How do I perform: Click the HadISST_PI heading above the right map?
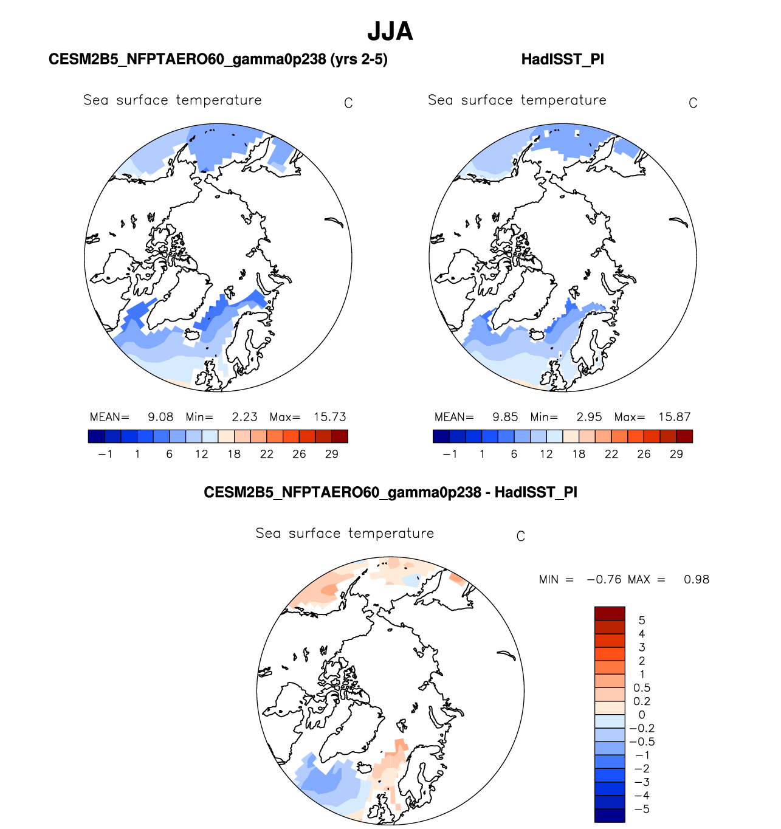coord(562,60)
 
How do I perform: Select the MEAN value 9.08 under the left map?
coord(160,417)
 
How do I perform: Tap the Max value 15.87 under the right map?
coord(674,417)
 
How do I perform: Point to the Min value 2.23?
coord(244,417)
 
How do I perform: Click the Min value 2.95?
coord(589,417)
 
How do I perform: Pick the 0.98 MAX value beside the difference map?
coord(696,579)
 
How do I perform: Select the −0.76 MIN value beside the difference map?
coord(604,579)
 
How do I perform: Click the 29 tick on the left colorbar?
coord(331,454)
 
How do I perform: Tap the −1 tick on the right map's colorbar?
coord(449,454)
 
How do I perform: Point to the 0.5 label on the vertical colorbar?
coord(642,688)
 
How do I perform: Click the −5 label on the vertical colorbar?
coord(641,809)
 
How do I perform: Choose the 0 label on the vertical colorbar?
coord(642,715)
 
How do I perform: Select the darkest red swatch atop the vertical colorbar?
coord(610,613)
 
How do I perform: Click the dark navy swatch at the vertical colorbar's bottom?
coord(610,816)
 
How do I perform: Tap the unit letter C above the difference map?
coord(520,537)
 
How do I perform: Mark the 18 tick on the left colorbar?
coord(234,454)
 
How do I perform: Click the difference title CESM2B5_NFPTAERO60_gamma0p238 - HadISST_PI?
coord(390,492)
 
